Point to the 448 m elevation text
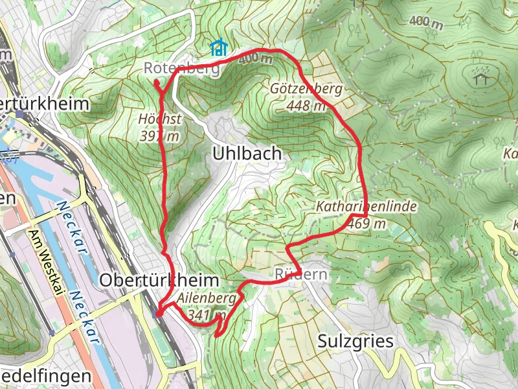(306, 106)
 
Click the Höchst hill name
(159, 119)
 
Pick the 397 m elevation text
(159, 136)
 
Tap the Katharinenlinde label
(366, 207)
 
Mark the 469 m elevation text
(366, 224)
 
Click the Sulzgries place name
(355, 341)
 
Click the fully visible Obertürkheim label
(159, 279)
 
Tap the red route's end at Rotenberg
(156, 82)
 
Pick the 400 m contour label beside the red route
(255, 59)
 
